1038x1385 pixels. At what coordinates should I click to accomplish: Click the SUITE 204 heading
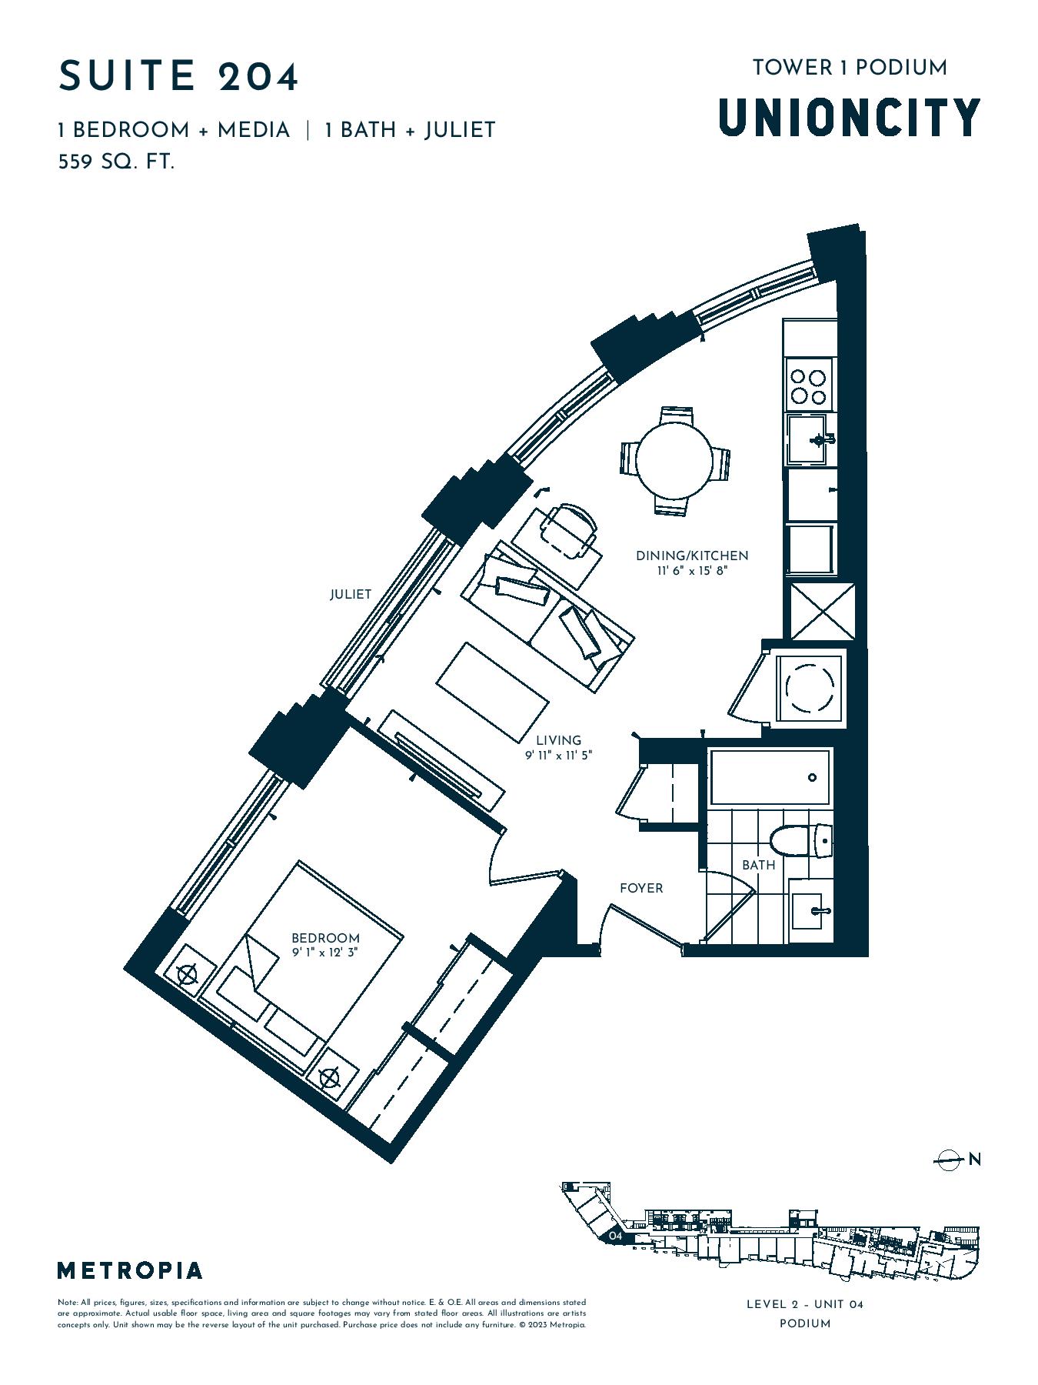coord(178,76)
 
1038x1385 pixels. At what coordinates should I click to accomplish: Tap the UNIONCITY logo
coord(850,117)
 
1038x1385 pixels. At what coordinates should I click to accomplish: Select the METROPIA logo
coord(130,1270)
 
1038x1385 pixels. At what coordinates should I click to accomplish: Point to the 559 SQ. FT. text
coord(117,162)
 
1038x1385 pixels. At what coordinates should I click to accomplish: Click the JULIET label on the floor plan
coord(351,594)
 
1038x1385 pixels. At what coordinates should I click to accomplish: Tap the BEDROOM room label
coord(325,938)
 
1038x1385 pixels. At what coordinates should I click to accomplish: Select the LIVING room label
coord(559,741)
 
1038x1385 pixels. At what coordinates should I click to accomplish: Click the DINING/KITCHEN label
coord(692,556)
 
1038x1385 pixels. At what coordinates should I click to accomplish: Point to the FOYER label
coord(641,888)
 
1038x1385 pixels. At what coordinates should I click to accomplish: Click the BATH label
coord(759,865)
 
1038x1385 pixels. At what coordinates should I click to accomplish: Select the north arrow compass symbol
coord(950,1159)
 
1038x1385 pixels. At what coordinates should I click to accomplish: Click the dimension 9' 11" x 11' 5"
coord(559,756)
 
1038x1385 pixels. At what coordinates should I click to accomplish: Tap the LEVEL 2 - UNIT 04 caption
coord(805,1303)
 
